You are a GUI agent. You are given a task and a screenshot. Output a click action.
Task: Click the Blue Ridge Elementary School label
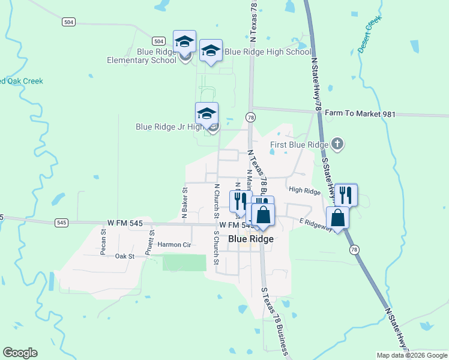click(x=142, y=56)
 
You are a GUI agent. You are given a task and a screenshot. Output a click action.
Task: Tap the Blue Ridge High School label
click(x=268, y=52)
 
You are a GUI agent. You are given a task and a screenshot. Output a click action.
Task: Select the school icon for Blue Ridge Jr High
click(x=206, y=113)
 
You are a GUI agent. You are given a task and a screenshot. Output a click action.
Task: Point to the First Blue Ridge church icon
click(x=338, y=144)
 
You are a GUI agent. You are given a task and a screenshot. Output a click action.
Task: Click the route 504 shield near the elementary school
click(x=158, y=41)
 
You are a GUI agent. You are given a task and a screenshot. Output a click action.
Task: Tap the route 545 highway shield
click(x=61, y=223)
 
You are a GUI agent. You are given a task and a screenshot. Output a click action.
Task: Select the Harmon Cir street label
click(x=174, y=245)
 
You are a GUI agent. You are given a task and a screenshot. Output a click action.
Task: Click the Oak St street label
click(x=125, y=256)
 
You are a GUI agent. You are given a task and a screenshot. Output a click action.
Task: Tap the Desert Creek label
click(x=370, y=35)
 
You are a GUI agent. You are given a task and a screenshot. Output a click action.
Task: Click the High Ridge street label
click(x=304, y=190)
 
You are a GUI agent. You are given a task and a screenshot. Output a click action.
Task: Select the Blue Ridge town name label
click(x=250, y=239)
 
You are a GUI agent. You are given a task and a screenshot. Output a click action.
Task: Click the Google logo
click(x=20, y=353)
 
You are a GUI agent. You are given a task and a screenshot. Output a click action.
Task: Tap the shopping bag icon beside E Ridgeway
click(x=338, y=217)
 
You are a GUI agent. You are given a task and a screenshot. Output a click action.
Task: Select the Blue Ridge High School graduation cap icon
click(x=211, y=50)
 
